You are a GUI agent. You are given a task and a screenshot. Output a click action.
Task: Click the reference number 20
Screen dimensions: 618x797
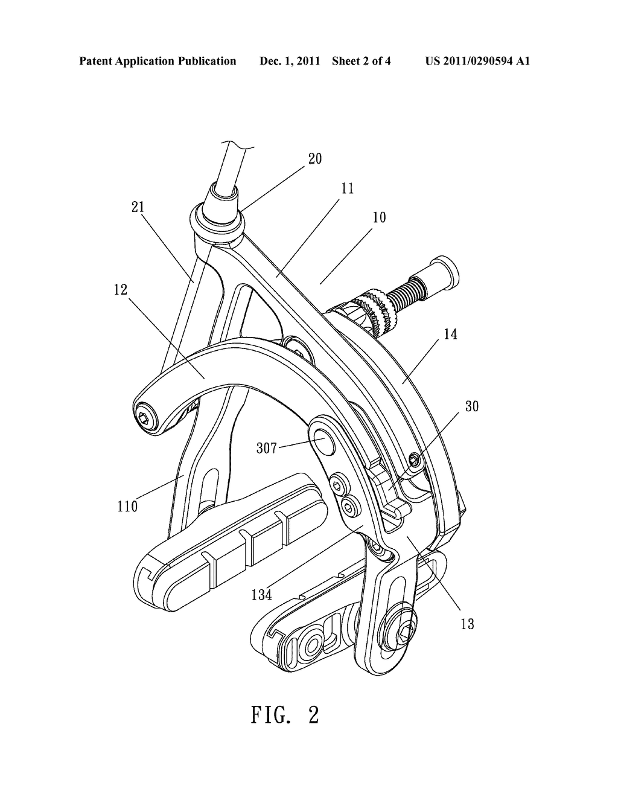pos(315,159)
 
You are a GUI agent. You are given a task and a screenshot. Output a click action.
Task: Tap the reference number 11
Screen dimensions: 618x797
pos(347,188)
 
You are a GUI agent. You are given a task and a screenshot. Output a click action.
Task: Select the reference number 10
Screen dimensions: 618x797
pos(379,217)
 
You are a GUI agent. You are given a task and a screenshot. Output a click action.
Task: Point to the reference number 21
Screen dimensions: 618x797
pos(138,207)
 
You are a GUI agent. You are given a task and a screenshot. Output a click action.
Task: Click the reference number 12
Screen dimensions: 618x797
pos(121,290)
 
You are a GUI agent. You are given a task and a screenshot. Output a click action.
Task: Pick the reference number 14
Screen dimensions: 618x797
pos(450,334)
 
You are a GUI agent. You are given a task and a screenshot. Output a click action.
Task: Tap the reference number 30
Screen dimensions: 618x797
pos(472,406)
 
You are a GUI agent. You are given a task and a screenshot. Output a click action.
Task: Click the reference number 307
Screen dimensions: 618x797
pos(267,448)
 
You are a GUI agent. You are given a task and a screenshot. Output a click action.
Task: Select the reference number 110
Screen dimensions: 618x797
pos(127,507)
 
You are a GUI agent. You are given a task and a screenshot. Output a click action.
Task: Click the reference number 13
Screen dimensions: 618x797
pos(467,624)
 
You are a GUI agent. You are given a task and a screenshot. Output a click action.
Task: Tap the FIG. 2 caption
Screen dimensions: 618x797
pos(285,715)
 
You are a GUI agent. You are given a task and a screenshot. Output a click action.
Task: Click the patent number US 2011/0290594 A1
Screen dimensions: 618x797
pos(477,61)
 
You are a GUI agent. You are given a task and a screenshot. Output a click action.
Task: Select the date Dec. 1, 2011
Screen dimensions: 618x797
pos(290,61)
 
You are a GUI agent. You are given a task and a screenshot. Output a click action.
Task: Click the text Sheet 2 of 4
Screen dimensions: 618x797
pos(362,61)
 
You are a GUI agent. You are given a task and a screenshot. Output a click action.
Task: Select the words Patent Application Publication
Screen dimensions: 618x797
pos(158,61)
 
